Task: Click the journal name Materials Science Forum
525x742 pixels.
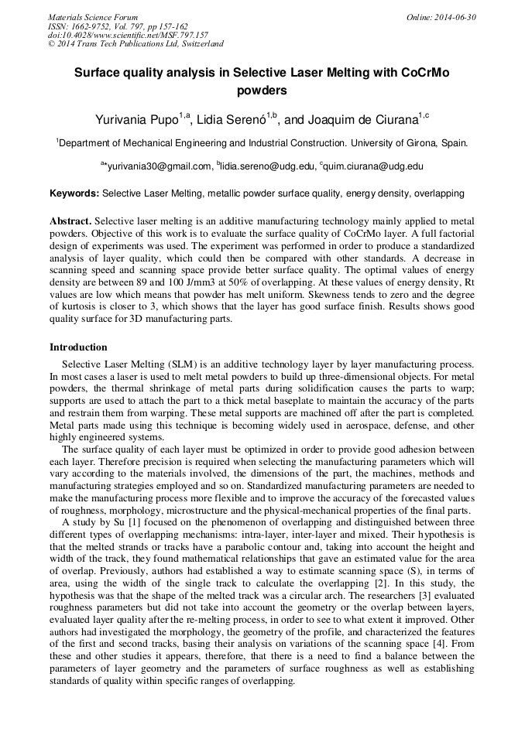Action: [93, 17]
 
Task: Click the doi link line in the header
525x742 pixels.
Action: [128, 36]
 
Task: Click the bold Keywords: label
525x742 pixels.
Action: [74, 193]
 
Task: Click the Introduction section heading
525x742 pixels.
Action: [78, 347]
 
